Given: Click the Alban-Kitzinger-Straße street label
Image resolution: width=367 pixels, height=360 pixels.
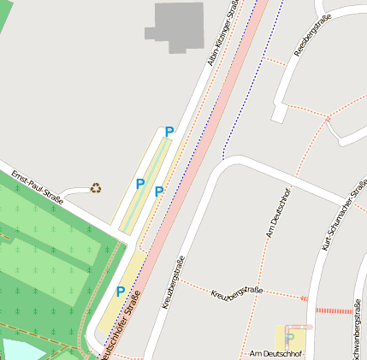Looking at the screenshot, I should pyautogui.click(x=223, y=32).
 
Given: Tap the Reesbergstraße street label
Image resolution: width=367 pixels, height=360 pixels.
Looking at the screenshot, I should pyautogui.click(x=312, y=39).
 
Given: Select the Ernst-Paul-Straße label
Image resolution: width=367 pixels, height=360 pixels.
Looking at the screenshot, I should pyautogui.click(x=38, y=187).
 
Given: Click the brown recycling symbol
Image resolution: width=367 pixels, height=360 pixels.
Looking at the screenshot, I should pyautogui.click(x=96, y=187).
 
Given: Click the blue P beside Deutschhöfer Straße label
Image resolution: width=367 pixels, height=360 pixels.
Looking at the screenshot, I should pyautogui.click(x=121, y=292).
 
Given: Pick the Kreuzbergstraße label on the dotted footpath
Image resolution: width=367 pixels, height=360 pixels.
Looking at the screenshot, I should pyautogui.click(x=236, y=293).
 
